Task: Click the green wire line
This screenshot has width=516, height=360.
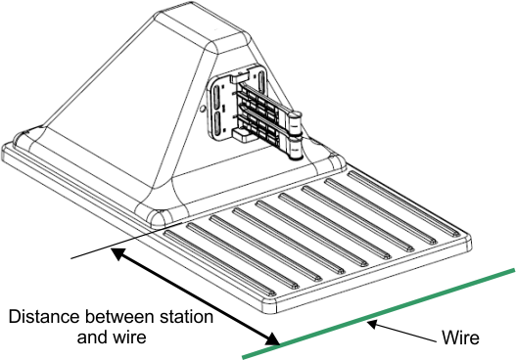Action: [379, 313]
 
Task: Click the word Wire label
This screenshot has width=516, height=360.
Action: [460, 337]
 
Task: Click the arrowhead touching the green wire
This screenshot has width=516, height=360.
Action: [273, 339]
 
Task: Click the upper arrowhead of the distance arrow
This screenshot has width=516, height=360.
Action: [117, 253]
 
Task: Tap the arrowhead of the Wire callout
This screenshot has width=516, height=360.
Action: [372, 324]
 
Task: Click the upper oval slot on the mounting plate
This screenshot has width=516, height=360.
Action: [217, 95]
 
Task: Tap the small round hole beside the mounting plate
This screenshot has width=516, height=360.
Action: [203, 108]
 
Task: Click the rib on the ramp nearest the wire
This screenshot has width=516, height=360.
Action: [220, 262]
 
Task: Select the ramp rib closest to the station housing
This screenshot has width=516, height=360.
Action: [404, 203]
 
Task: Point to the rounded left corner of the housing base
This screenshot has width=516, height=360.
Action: [24, 139]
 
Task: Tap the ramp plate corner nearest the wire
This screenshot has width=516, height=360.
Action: [268, 306]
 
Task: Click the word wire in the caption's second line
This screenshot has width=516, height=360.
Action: [129, 337]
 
